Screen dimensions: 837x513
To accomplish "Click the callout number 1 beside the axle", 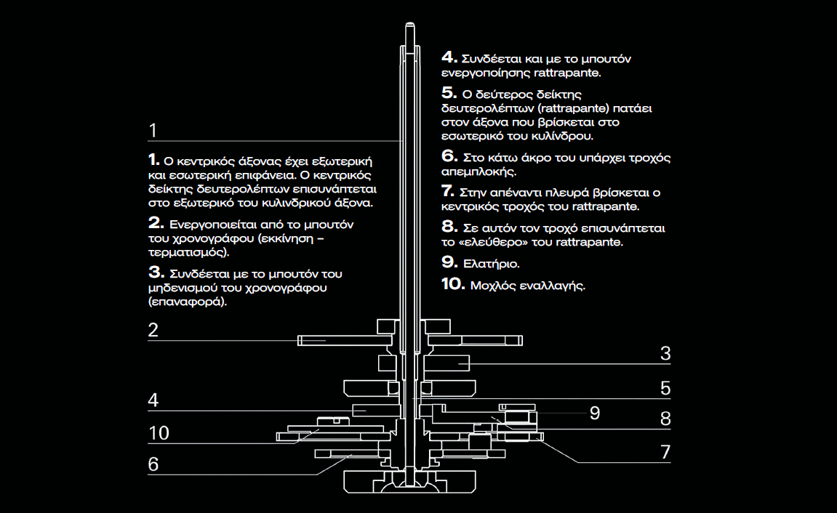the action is [x=153, y=131].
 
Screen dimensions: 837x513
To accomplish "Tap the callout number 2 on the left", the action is [x=153, y=330].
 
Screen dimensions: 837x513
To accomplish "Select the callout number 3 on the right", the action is [x=665, y=354].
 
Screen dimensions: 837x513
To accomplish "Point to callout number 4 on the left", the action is [x=153, y=400].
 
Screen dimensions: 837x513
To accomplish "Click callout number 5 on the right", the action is [x=665, y=388].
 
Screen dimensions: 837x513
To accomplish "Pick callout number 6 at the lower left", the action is [x=153, y=464].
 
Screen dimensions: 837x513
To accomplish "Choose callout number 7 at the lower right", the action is [x=665, y=452].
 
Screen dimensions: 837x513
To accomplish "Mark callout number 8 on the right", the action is [x=665, y=419].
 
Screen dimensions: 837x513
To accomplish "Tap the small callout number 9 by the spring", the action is [x=595, y=413].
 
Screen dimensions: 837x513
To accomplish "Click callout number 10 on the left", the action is [x=159, y=433].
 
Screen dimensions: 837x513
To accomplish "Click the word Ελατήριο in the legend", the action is [x=491, y=264].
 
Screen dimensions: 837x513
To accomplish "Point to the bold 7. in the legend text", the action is [x=448, y=191].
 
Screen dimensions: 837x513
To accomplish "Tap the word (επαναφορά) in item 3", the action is [x=188, y=302].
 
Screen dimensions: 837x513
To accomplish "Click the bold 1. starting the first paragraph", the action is [x=153, y=159].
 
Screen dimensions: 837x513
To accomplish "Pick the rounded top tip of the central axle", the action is [x=409, y=23].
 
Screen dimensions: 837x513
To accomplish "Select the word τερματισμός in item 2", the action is [x=188, y=252].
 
